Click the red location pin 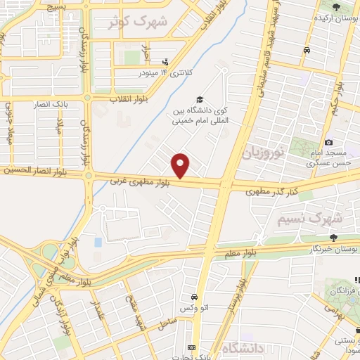tap(181, 166)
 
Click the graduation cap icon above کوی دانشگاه tap(200, 100)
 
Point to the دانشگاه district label tap(243, 348)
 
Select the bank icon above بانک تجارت tap(191, 348)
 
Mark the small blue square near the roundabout tap(97, 243)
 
